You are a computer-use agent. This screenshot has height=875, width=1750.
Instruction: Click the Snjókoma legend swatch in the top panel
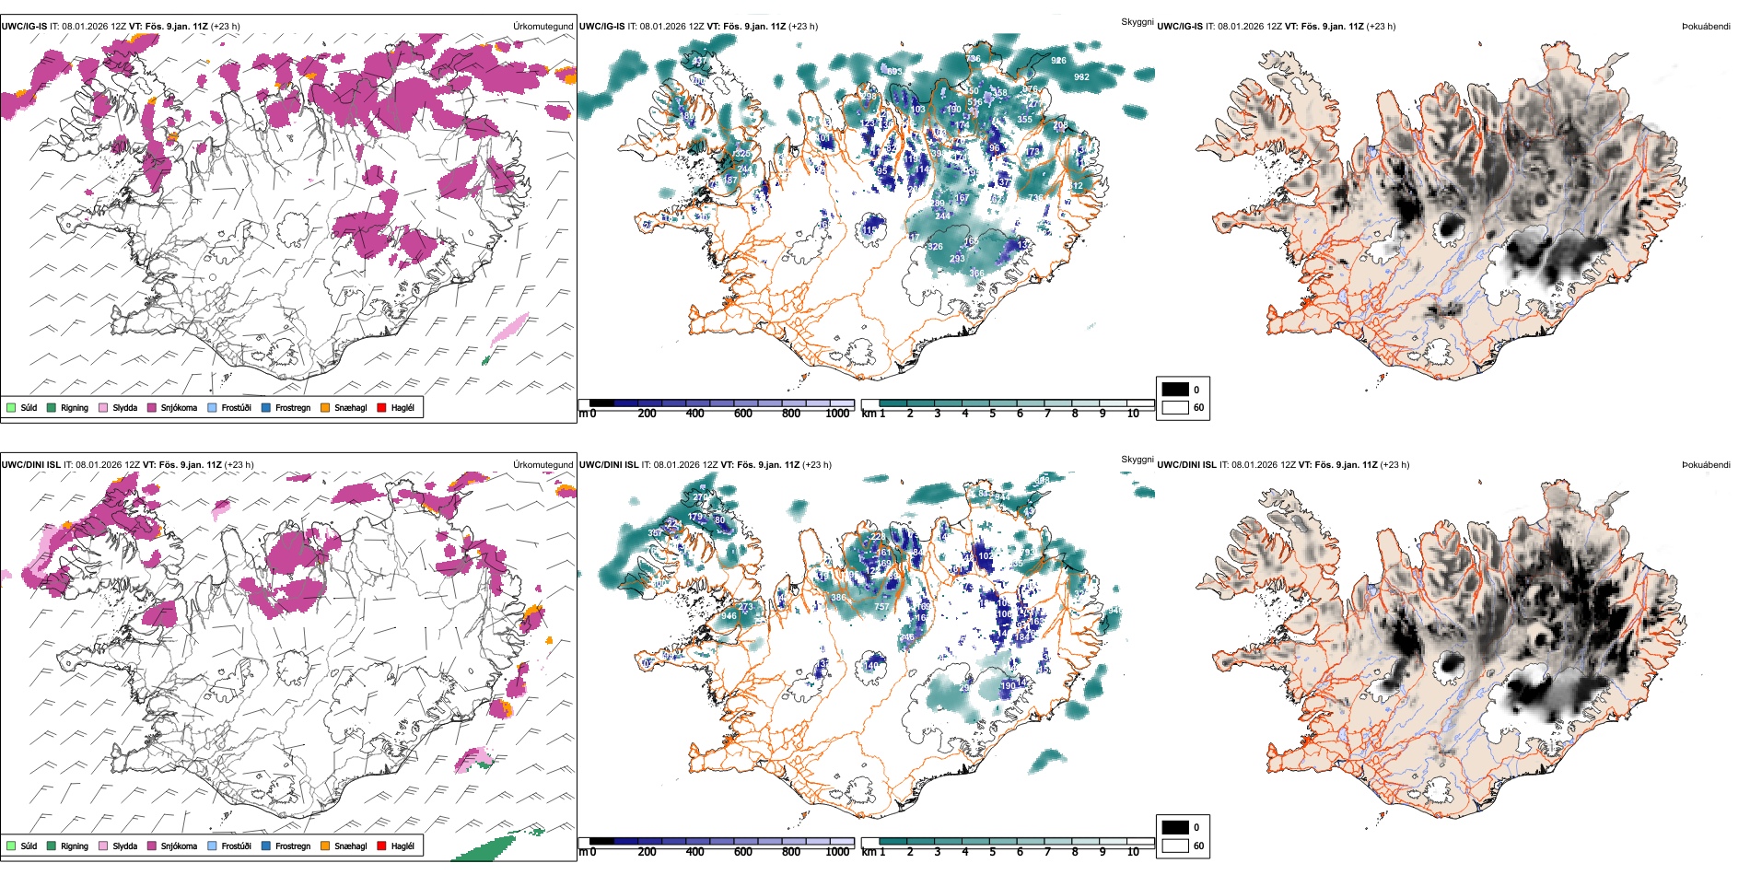152,407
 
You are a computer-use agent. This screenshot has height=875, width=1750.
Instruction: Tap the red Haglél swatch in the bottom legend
381,846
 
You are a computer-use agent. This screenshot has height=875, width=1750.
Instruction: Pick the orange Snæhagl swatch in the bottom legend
325,846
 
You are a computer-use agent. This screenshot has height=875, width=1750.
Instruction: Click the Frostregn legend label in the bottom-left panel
292,846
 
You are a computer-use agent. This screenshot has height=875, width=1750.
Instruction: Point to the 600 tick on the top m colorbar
742,414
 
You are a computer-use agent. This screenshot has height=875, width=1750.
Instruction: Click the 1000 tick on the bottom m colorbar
837,852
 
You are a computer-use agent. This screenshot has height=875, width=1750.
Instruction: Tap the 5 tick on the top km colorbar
992,414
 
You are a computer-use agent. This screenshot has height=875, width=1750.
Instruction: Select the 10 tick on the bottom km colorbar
1133,852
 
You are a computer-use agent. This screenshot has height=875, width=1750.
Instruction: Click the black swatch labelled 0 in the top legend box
1175,390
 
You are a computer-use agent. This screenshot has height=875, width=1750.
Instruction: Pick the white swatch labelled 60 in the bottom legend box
1175,846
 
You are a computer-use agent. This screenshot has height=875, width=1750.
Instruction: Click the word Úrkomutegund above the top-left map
542,26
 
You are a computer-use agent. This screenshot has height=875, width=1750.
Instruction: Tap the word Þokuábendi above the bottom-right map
1706,464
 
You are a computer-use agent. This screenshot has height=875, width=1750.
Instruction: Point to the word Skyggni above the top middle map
1137,21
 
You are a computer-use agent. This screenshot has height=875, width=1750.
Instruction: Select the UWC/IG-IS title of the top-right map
1179,26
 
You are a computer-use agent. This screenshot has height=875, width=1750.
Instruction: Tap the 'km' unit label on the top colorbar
868,414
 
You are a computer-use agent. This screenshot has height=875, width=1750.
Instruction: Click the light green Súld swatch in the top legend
11,407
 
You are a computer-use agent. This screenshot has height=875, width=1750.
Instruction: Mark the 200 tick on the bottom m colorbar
647,852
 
